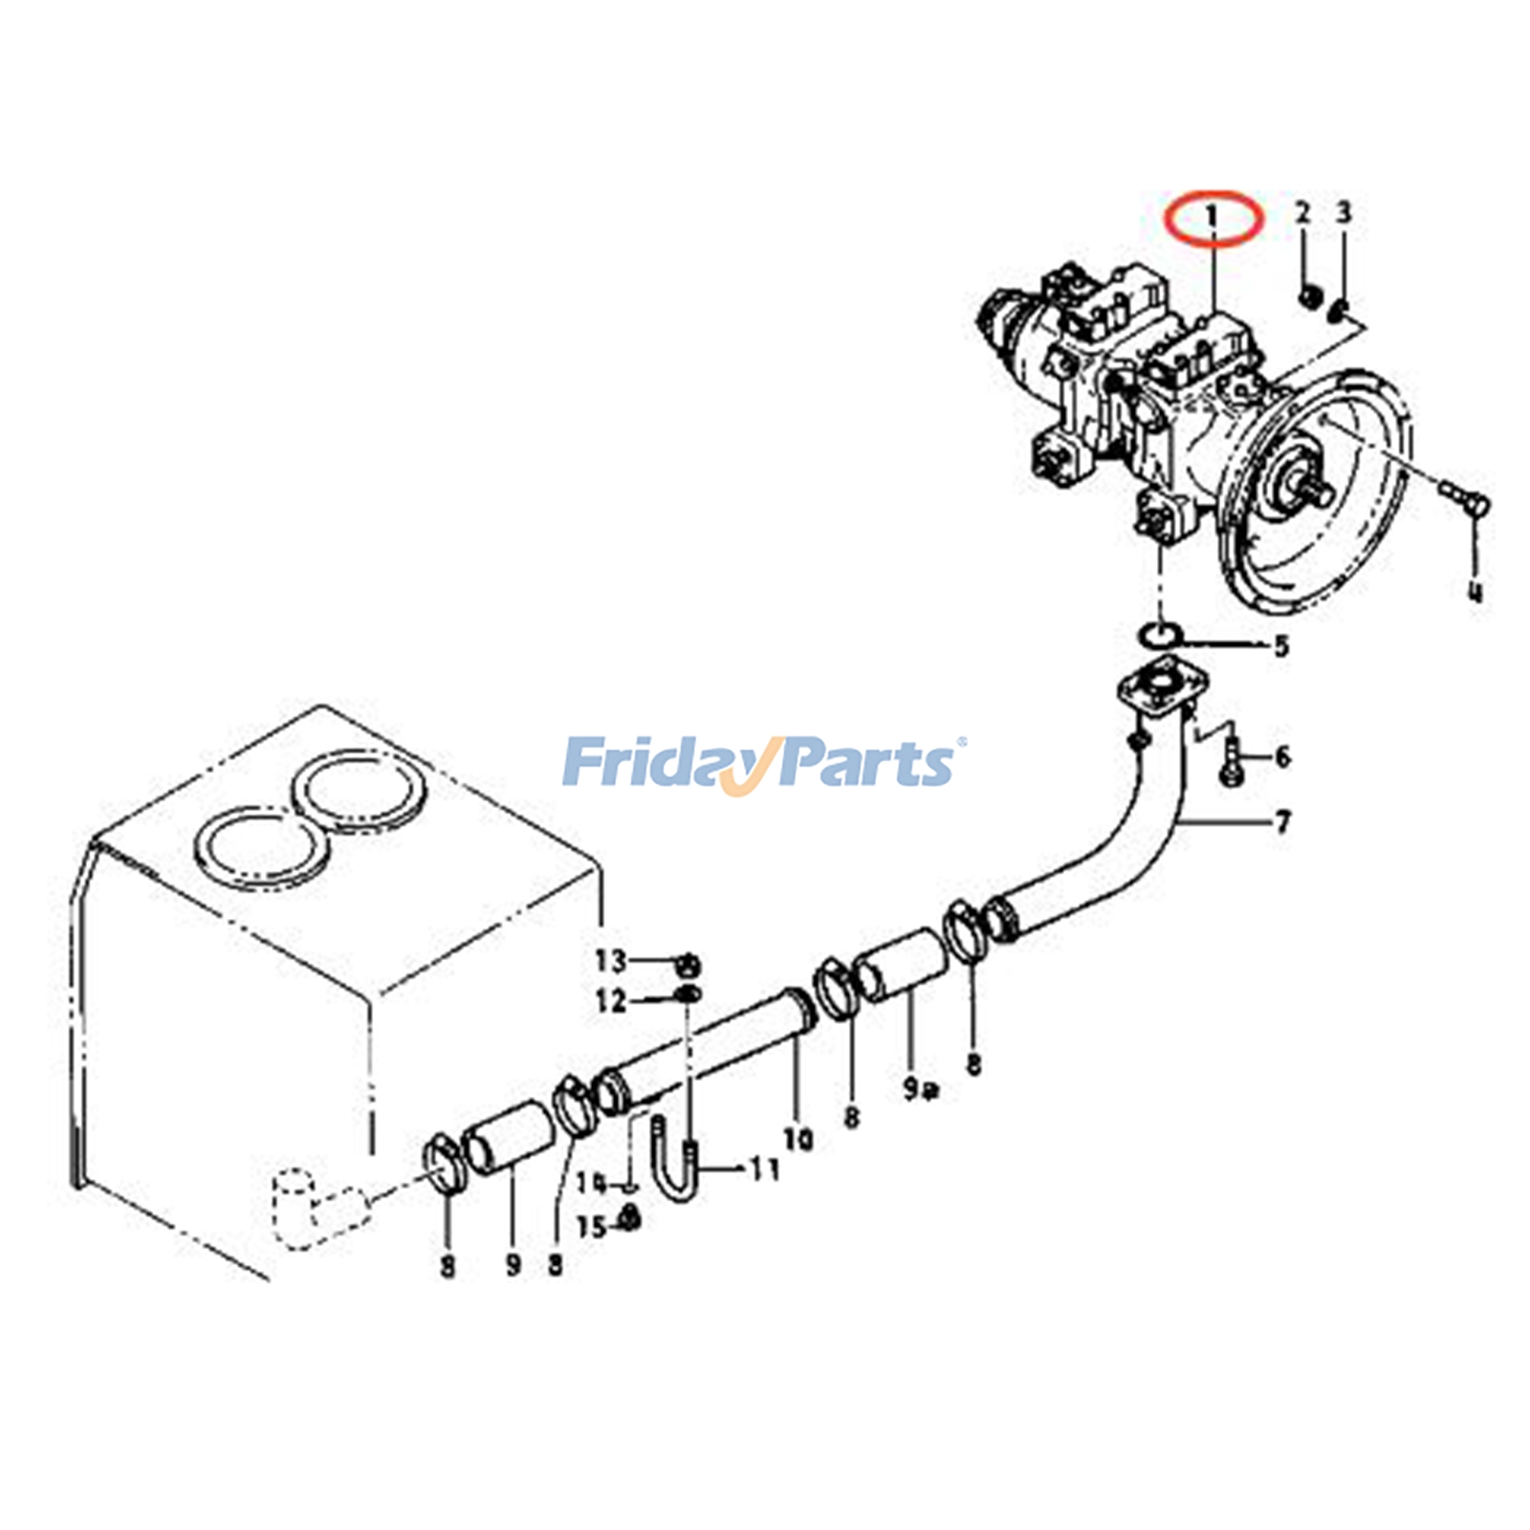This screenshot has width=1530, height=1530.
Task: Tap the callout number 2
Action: (1302, 212)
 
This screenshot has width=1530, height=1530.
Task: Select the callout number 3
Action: (1344, 212)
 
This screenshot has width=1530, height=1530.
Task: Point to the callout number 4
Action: (1475, 591)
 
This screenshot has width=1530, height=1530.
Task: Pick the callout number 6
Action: (1282, 756)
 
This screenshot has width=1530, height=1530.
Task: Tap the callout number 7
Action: (1282, 820)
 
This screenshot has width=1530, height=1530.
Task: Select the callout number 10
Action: (798, 1138)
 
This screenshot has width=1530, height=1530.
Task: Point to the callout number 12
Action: (610, 1000)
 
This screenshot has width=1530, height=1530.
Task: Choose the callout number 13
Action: (610, 959)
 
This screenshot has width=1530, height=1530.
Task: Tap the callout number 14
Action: (591, 1183)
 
